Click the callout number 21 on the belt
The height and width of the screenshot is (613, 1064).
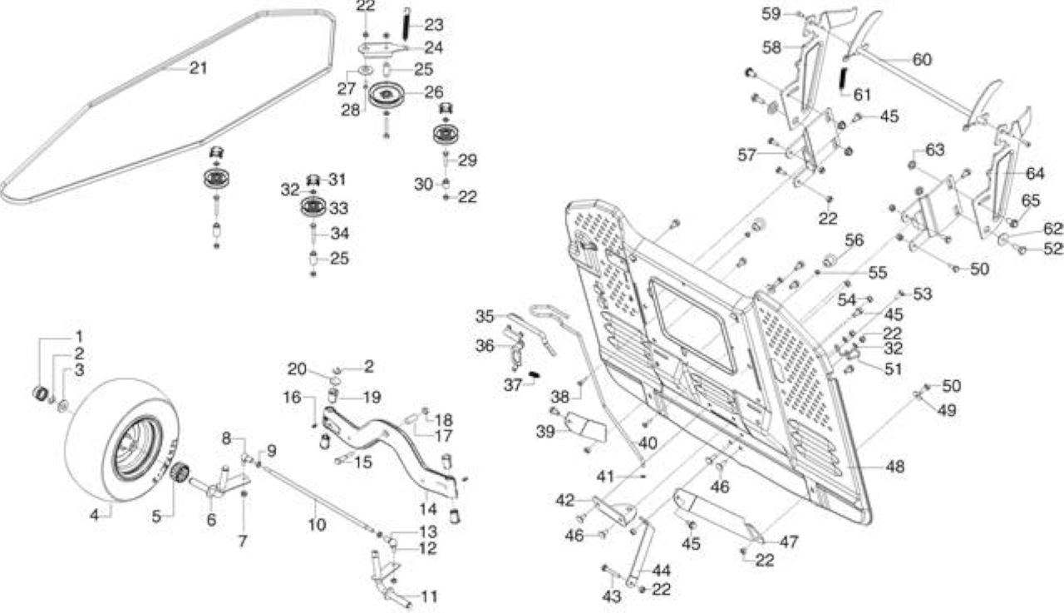tap(199, 68)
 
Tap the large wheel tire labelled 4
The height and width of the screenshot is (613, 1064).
tap(122, 439)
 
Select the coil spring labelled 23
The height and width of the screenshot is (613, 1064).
tap(406, 25)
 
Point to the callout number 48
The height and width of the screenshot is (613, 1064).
tap(895, 467)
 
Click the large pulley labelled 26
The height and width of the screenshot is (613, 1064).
tap(385, 95)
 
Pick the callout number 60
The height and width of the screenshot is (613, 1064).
tap(922, 60)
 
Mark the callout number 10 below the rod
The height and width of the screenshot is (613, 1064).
tap(317, 525)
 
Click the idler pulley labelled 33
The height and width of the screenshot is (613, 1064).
tap(313, 207)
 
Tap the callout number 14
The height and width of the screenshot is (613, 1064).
tap(427, 509)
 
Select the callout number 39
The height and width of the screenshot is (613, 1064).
tap(545, 432)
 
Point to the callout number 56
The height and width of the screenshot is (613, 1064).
tap(854, 240)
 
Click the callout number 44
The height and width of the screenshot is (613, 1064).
tap(661, 571)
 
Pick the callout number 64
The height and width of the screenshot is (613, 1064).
tap(1036, 174)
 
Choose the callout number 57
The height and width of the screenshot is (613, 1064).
tap(746, 155)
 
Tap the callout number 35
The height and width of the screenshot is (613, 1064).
tap(485, 316)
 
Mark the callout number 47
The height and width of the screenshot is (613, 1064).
tap(789, 541)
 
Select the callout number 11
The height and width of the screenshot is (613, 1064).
tap(430, 597)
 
